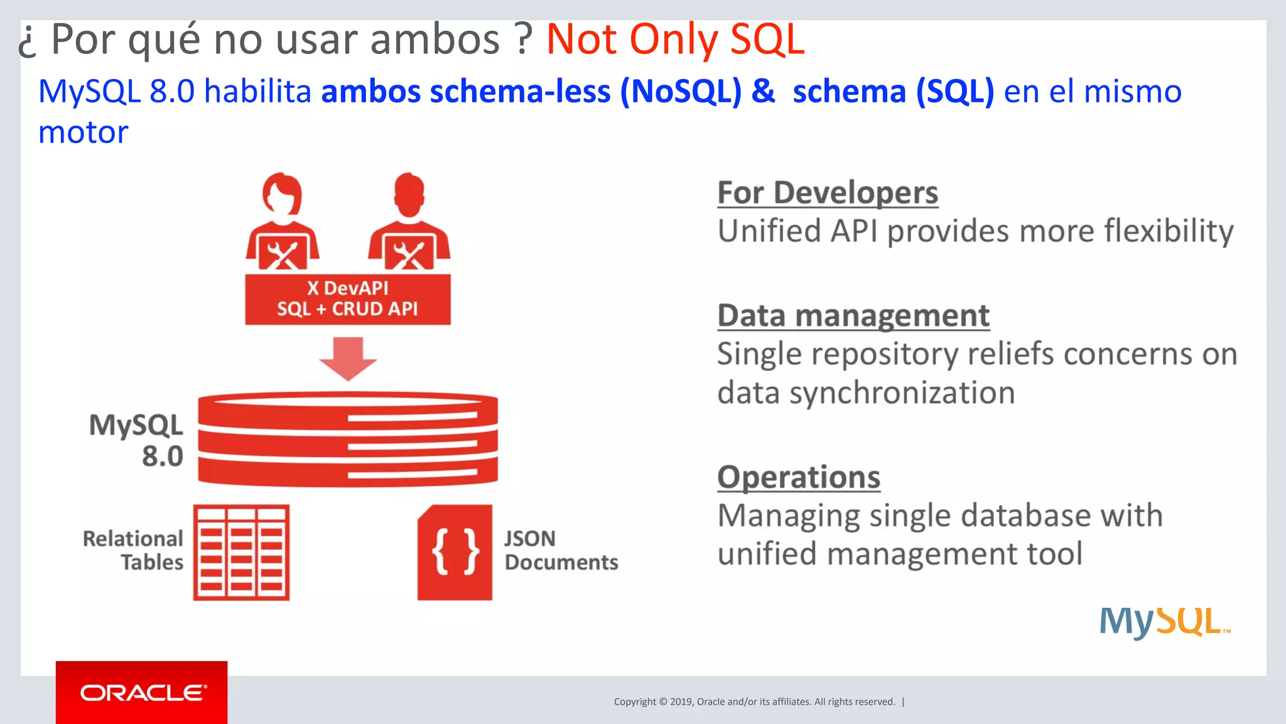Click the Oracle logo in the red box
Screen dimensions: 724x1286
pos(142,693)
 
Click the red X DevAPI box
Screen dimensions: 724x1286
pos(347,299)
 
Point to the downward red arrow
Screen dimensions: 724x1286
pos(348,359)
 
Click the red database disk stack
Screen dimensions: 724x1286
pos(348,439)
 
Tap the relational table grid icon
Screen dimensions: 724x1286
pos(241,552)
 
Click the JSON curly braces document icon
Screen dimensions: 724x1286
pos(455,552)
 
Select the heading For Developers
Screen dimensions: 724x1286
pos(828,193)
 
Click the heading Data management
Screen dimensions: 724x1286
pos(853,316)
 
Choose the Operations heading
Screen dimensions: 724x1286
pos(799,477)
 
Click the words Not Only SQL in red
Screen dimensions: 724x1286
pos(675,40)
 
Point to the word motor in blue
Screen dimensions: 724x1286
pos(83,132)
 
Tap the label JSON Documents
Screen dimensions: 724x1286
pos(561,551)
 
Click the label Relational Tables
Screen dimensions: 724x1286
pos(133,551)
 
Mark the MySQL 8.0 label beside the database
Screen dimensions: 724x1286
pos(137,440)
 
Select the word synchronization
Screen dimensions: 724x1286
pos(902,393)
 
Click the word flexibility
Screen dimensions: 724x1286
pos(1169,231)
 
